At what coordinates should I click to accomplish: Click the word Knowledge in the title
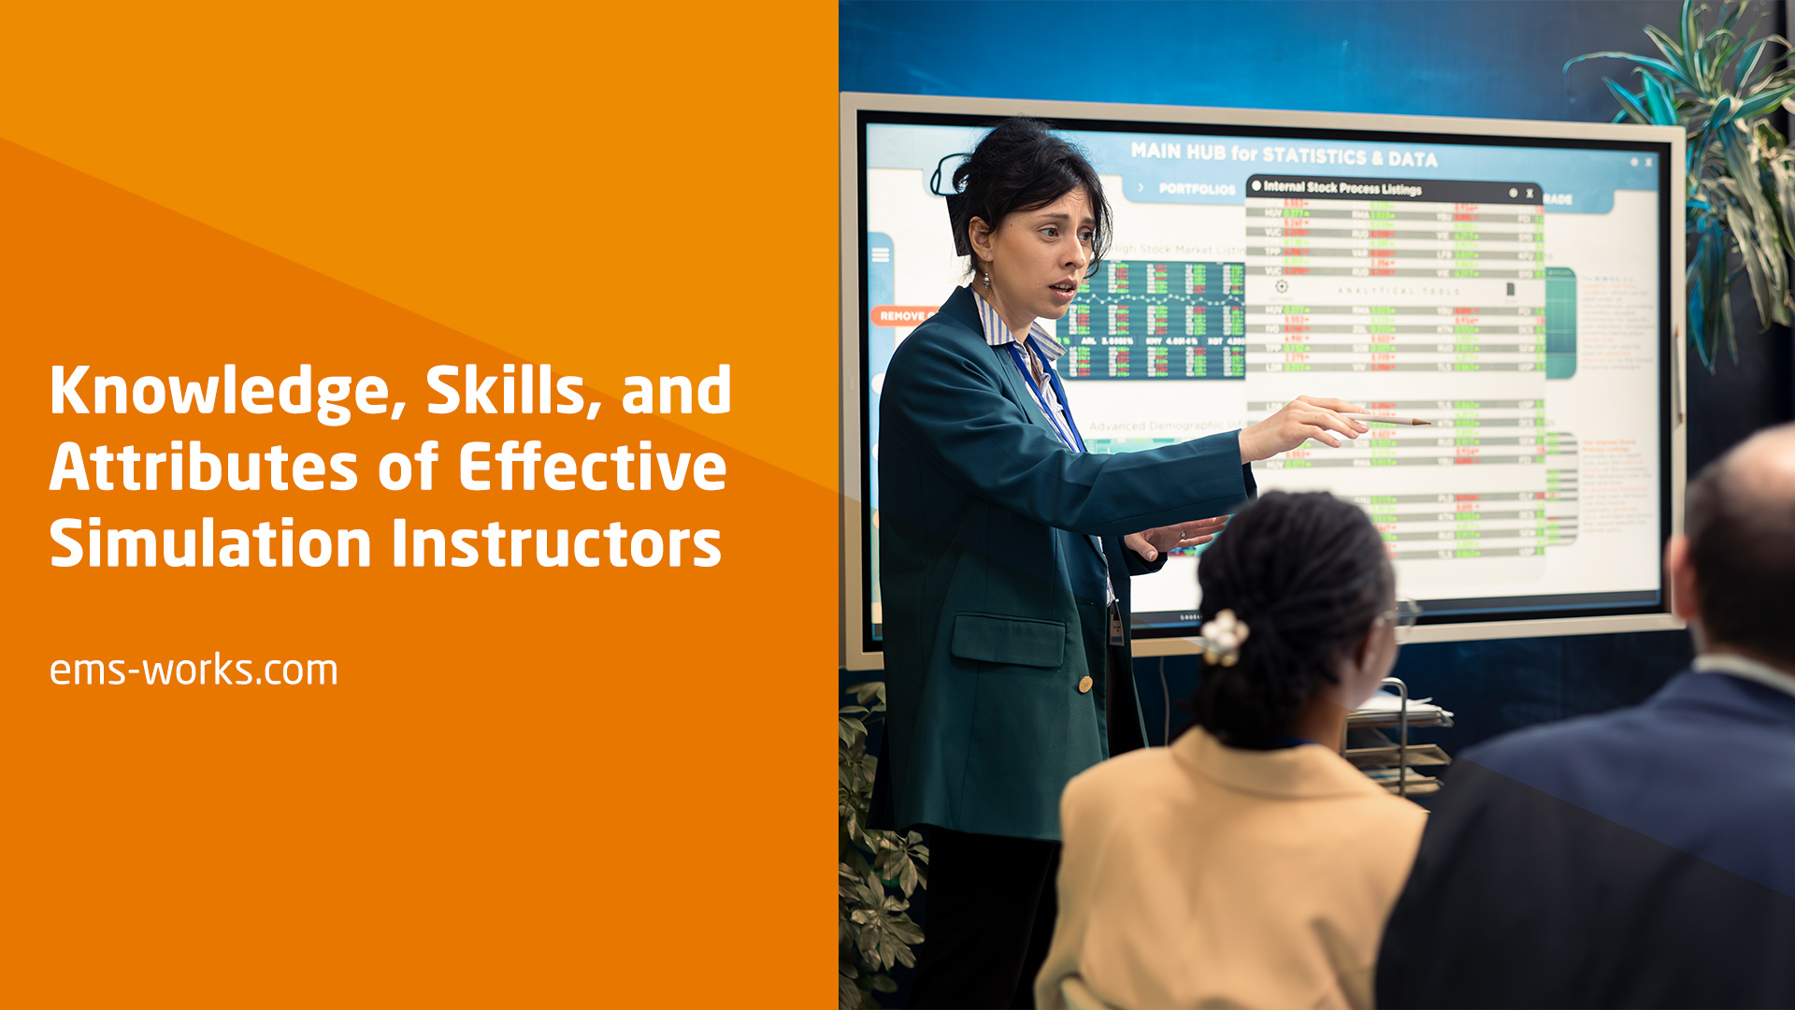coord(219,391)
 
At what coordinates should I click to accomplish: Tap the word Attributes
coord(204,467)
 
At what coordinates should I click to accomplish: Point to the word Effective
coord(592,467)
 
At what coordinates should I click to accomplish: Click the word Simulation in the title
coord(210,543)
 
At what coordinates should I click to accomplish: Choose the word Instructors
coord(556,543)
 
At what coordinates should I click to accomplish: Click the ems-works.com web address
coord(194,671)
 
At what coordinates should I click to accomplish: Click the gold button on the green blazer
coord(1084,685)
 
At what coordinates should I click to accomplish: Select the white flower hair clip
coord(1224,636)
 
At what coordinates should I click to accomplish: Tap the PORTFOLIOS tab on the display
coord(1197,189)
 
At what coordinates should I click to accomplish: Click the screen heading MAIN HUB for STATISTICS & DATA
coord(1283,154)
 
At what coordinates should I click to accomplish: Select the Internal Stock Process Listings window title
coord(1342,188)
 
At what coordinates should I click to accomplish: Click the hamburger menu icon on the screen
coord(881,255)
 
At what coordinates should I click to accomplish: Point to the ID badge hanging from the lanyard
coord(1115,625)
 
